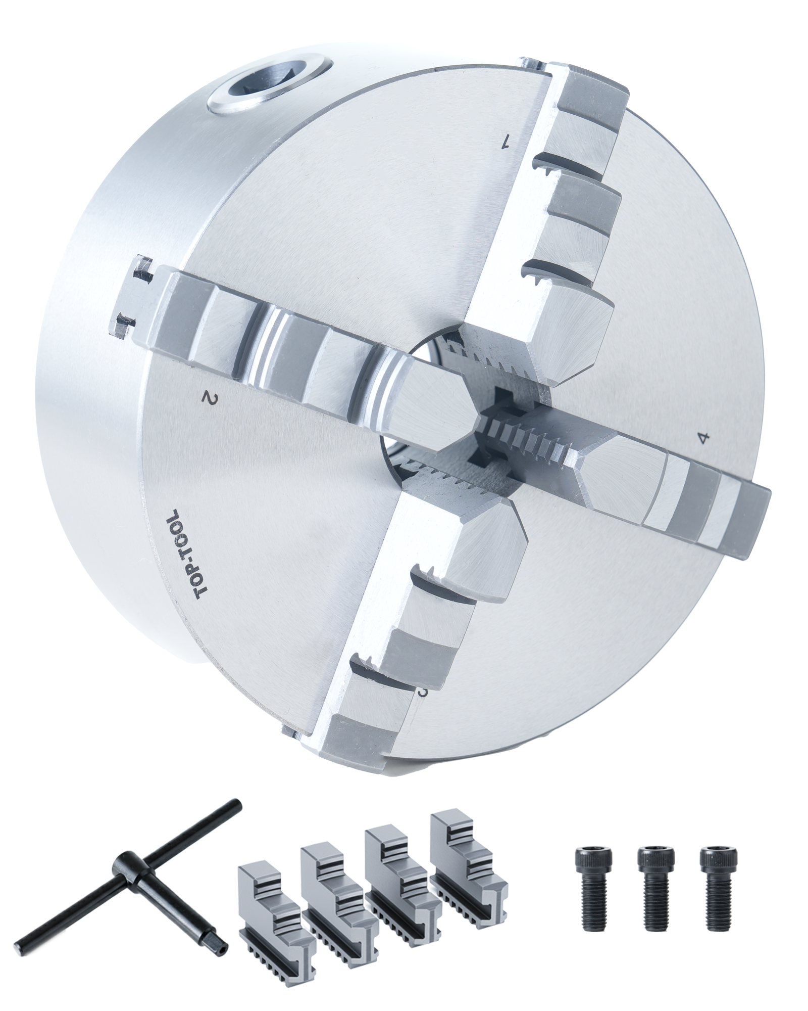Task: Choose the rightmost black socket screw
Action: pyautogui.click(x=718, y=875)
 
